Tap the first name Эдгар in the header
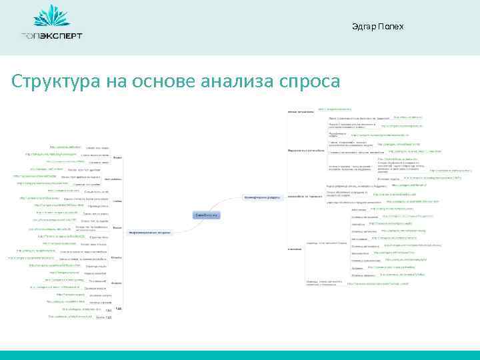pyautogui.click(x=364, y=27)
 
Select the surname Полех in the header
pyautogui.click(x=391, y=27)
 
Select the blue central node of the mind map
pyautogui.click(x=205, y=215)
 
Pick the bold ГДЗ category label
pyautogui.click(x=118, y=309)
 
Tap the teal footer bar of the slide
pyautogui.click(x=240, y=355)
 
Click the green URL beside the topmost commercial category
pyautogui.click(x=335, y=107)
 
